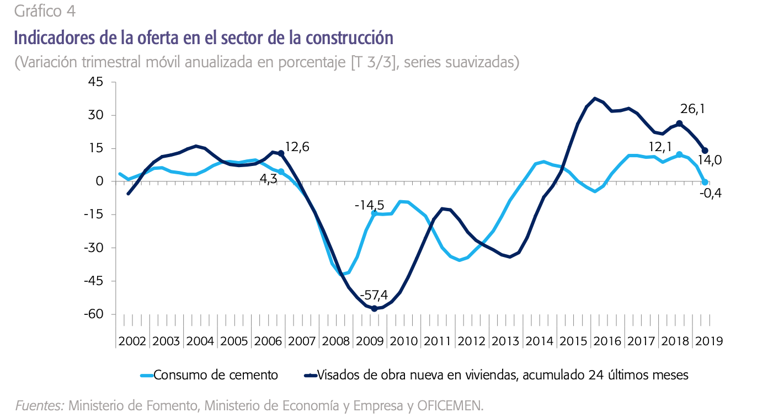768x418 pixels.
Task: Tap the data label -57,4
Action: click(x=374, y=294)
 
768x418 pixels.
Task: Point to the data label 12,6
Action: click(x=297, y=147)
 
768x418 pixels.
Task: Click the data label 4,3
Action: click(x=268, y=179)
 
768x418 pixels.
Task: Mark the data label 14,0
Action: click(x=711, y=160)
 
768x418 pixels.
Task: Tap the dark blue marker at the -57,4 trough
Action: click(x=374, y=308)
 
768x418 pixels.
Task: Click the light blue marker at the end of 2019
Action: click(x=705, y=182)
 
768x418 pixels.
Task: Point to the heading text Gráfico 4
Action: click(x=45, y=10)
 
